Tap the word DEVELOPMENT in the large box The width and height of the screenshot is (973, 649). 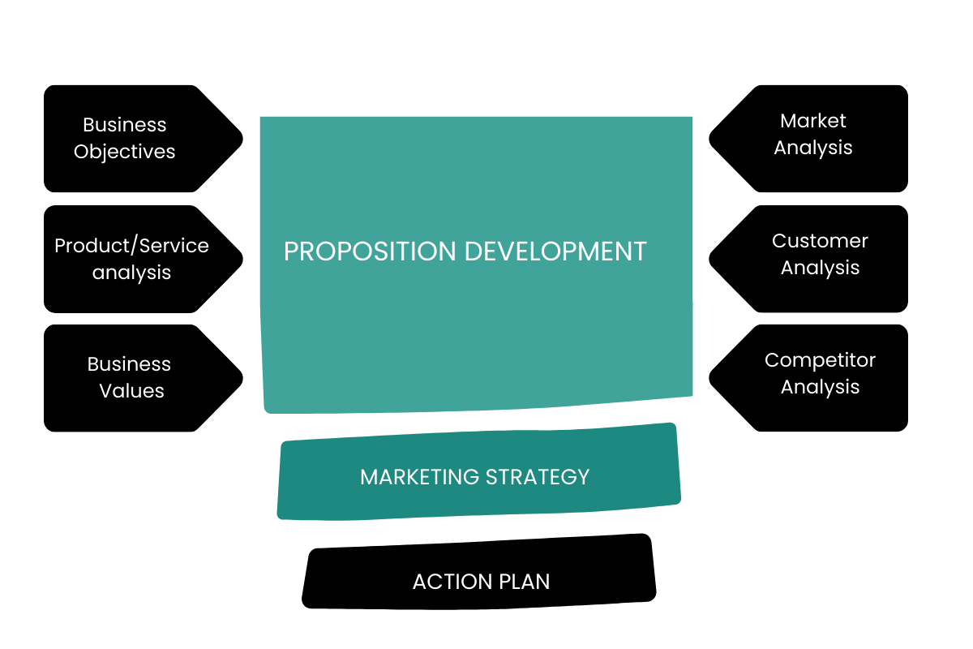[x=555, y=251]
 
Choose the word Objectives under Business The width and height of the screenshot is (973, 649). [x=124, y=152]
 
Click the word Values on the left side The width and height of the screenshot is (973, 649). [x=131, y=391]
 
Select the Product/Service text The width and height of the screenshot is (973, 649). [x=131, y=246]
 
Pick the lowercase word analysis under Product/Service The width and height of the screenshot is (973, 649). [x=131, y=273]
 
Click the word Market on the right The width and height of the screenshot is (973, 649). [x=812, y=121]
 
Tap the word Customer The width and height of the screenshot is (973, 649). [x=820, y=241]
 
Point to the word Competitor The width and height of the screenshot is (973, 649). [x=820, y=360]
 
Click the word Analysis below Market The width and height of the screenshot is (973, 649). [x=812, y=148]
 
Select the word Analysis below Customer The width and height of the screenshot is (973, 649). [x=820, y=268]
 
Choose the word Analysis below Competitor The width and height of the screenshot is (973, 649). [x=820, y=387]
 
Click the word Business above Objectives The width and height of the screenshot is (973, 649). [x=124, y=125]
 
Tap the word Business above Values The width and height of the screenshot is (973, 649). [x=129, y=364]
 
